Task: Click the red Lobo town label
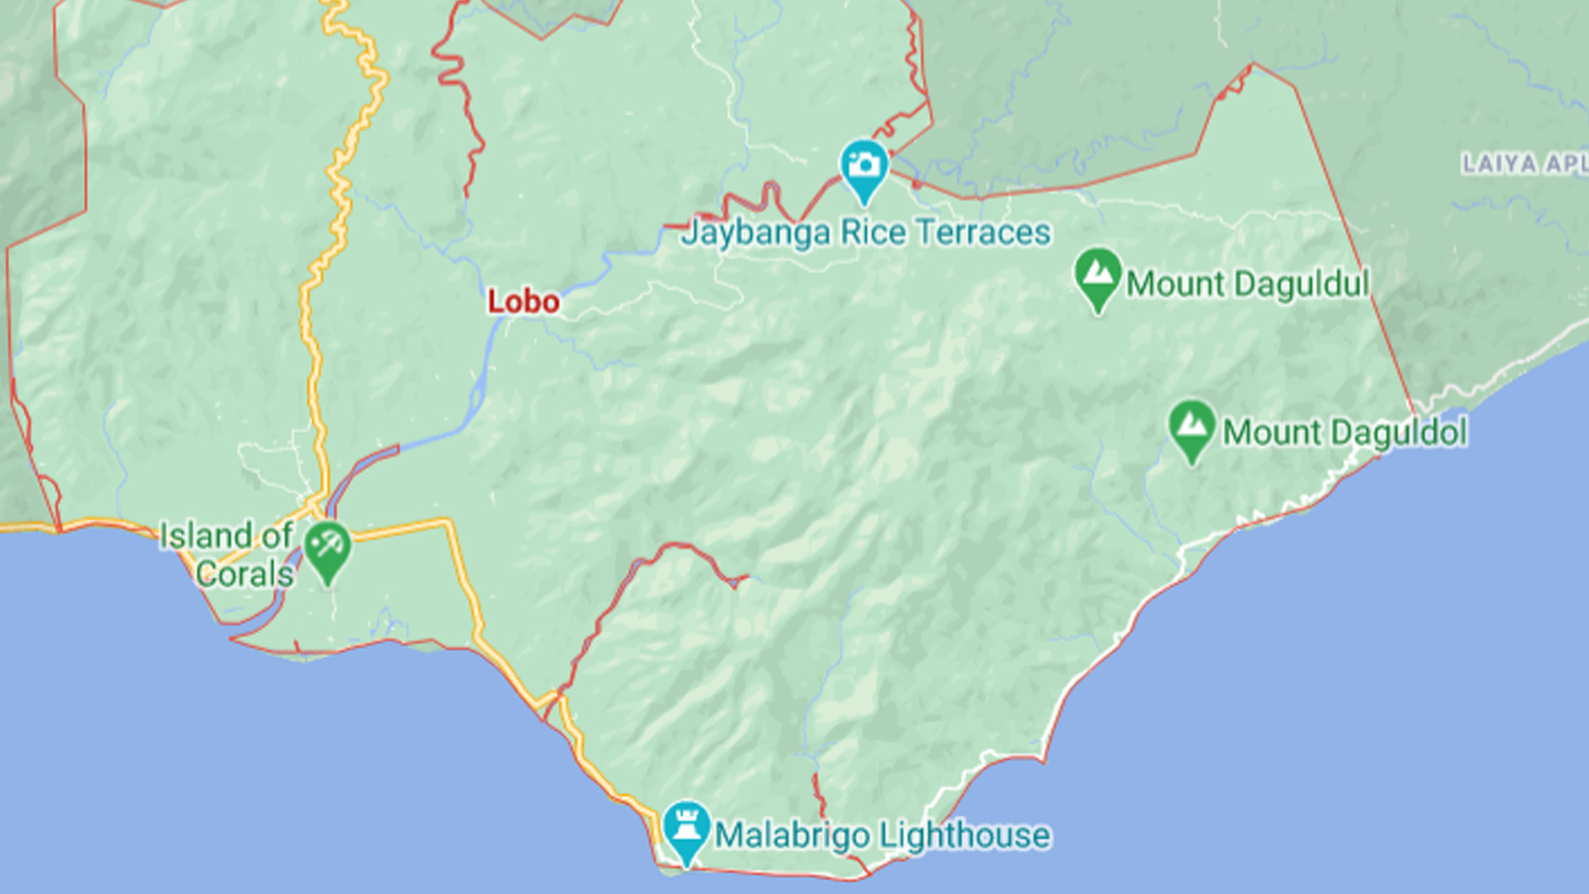523,301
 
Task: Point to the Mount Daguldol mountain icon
1192,427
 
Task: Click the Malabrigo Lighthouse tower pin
685,828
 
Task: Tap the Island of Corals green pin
326,548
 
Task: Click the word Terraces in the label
982,232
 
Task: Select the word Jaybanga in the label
756,233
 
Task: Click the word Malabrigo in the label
793,835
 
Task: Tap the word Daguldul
1301,284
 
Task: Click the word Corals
244,574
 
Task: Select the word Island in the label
206,535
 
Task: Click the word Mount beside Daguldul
1175,284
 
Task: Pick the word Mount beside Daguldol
1272,433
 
